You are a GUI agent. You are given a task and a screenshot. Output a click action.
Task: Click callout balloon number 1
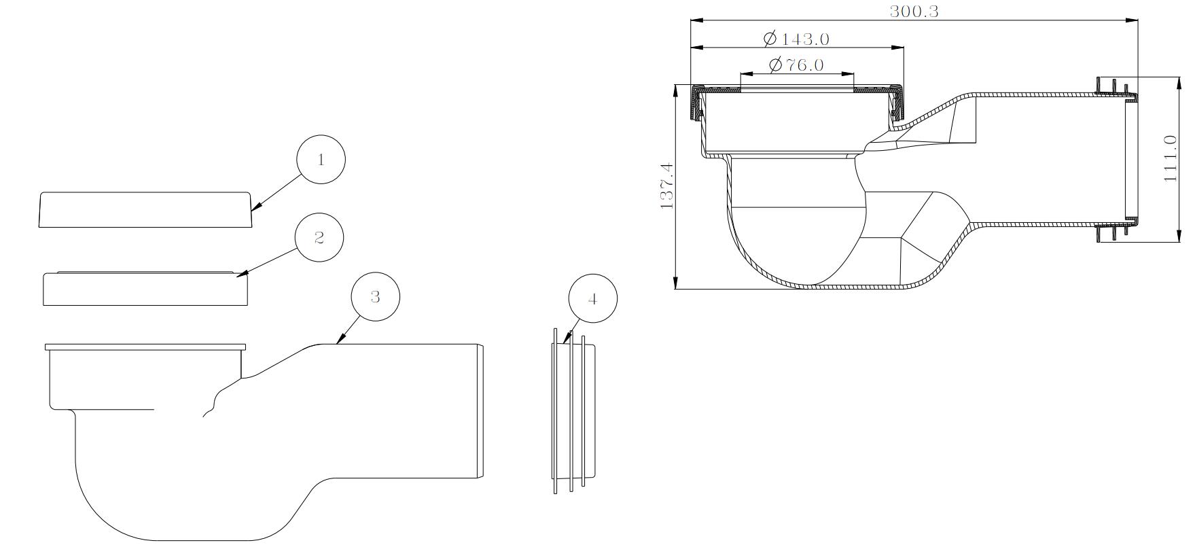click(321, 160)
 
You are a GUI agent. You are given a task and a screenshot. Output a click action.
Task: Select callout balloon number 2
click(319, 237)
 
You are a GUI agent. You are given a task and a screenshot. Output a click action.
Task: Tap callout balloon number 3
click(375, 296)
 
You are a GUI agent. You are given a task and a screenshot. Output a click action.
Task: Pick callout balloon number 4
click(592, 299)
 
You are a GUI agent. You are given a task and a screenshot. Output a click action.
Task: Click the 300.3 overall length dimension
click(914, 11)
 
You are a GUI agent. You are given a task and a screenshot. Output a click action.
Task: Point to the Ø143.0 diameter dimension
click(796, 39)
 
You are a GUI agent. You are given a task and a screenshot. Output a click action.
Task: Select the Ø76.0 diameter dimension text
click(796, 65)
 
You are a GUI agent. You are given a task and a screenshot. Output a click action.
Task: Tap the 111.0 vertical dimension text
click(1170, 158)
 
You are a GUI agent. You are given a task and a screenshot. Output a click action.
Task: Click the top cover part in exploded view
click(145, 209)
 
